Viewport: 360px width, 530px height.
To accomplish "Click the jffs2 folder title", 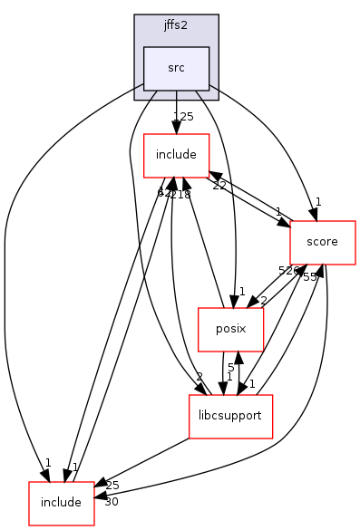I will pyautogui.click(x=176, y=25).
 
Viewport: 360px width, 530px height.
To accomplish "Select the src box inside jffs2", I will pyautogui.click(x=176, y=67).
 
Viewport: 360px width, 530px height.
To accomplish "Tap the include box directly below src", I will pyautogui.click(x=177, y=155).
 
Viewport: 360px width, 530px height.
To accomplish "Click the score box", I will pyautogui.click(x=322, y=242).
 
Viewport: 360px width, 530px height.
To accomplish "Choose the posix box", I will pyautogui.click(x=230, y=330).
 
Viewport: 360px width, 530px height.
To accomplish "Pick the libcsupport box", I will pyautogui.click(x=230, y=417).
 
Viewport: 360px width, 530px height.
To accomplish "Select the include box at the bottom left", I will pyautogui.click(x=62, y=503).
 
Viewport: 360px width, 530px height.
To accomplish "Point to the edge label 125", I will pyautogui.click(x=184, y=117).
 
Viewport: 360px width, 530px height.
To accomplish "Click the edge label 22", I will pyautogui.click(x=219, y=186).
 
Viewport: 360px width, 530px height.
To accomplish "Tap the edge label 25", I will pyautogui.click(x=112, y=486).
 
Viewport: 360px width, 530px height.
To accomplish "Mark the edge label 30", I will pyautogui.click(x=112, y=502).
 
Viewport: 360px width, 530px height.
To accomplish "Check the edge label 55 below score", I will pyautogui.click(x=310, y=276).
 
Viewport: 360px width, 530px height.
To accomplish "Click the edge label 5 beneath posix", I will pyautogui.click(x=231, y=369).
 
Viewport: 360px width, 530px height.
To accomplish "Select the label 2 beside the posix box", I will pyautogui.click(x=263, y=300).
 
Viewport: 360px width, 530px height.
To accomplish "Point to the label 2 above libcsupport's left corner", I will pyautogui.click(x=199, y=377).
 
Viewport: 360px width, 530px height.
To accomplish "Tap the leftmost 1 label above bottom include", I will pyautogui.click(x=47, y=463).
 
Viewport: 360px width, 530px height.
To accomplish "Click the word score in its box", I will pyautogui.click(x=322, y=242).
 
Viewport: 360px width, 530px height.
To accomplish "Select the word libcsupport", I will pyautogui.click(x=230, y=417).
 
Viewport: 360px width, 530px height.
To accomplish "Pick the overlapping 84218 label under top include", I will pyautogui.click(x=173, y=193).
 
